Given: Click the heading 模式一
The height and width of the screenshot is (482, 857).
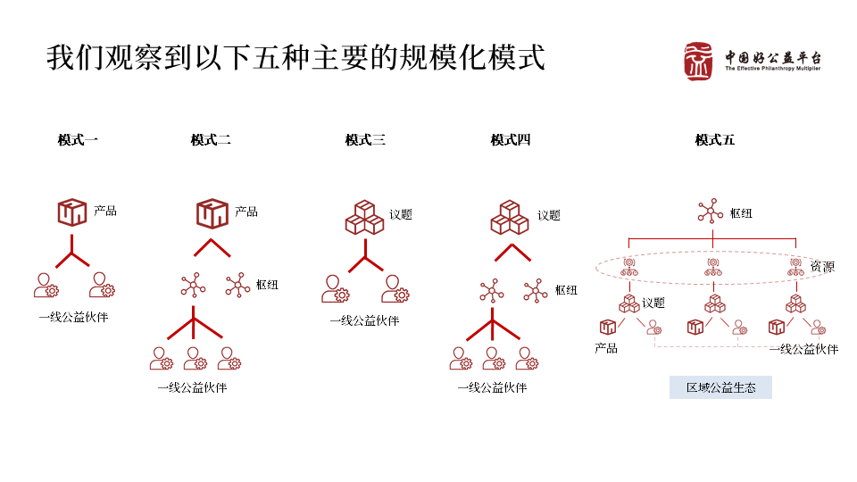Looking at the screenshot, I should pos(78,140).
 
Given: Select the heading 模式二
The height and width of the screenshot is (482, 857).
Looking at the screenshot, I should pos(211,140).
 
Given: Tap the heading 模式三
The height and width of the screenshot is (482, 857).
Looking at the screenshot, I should pos(365,140).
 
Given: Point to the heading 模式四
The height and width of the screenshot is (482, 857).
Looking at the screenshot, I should pos(511,140).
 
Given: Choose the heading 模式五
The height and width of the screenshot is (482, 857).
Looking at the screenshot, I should pos(715,140).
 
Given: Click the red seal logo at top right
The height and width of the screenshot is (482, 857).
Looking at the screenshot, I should pos(701,62).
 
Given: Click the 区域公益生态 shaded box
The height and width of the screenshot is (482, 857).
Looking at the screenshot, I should pos(720,387).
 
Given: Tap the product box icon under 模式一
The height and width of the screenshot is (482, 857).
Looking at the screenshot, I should pos(71,212).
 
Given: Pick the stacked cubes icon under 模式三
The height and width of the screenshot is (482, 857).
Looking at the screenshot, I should pos(364,216).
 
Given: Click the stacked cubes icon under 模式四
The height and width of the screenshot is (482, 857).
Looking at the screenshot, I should pos(510,216).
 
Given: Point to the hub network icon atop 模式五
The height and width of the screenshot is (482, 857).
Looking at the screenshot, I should pos(710,212).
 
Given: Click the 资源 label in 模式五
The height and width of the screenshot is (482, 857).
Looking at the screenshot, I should pos(822,266).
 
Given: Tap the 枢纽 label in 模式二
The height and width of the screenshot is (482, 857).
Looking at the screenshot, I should pos(267,285).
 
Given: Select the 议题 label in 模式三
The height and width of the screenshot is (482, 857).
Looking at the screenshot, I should pos(401,215).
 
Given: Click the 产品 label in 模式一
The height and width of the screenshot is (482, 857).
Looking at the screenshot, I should pos(105,212).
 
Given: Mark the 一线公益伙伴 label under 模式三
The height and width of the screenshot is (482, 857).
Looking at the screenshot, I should pos(364,320).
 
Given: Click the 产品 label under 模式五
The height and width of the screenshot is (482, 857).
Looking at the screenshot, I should pos(606,348).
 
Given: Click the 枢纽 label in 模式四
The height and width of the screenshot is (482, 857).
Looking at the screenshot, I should pos(566,290).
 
